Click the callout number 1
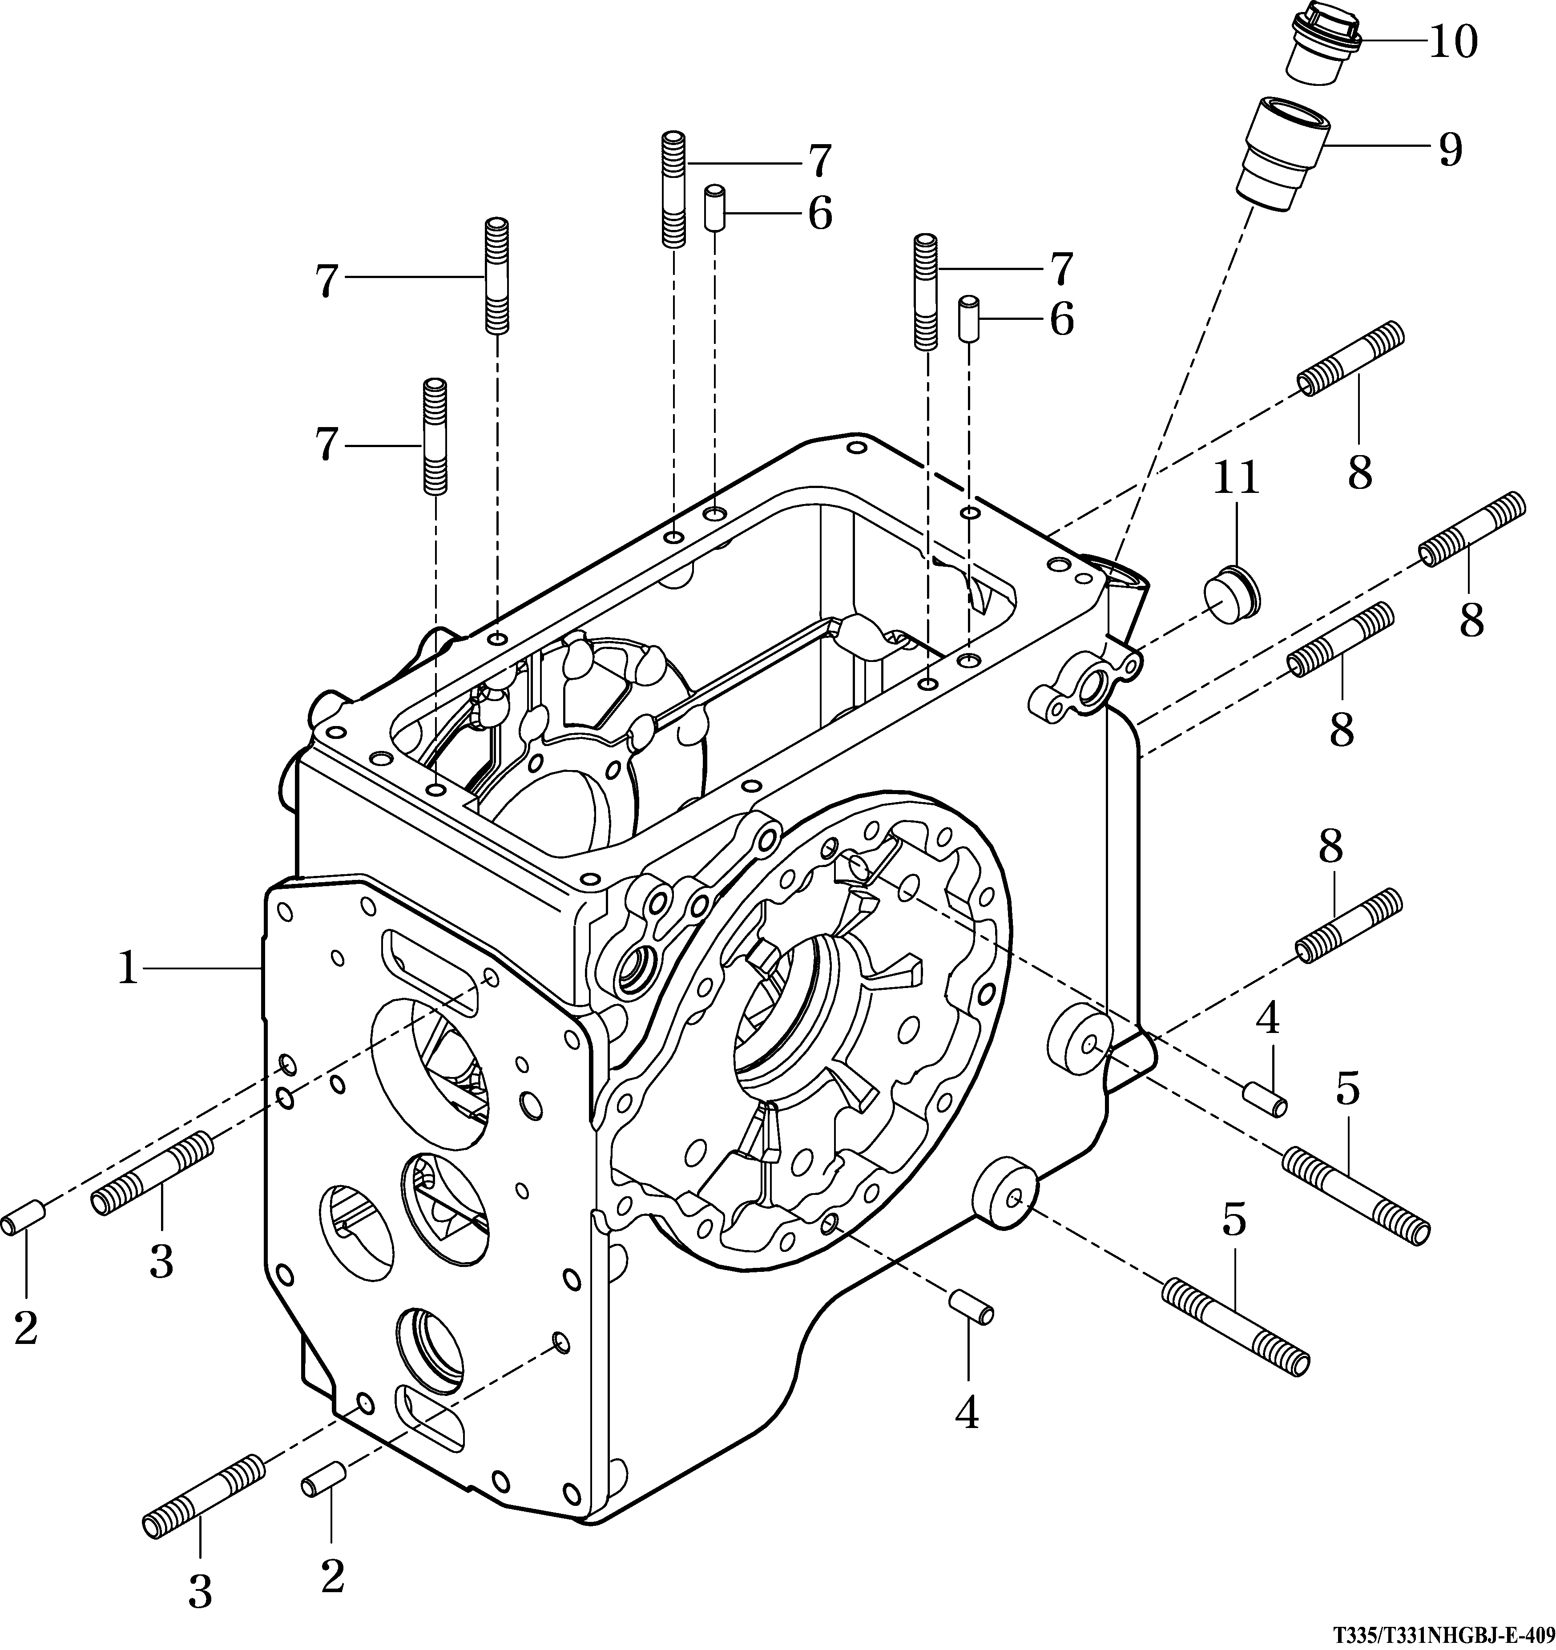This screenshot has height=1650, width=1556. point(126,968)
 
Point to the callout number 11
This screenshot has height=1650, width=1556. point(1237,479)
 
